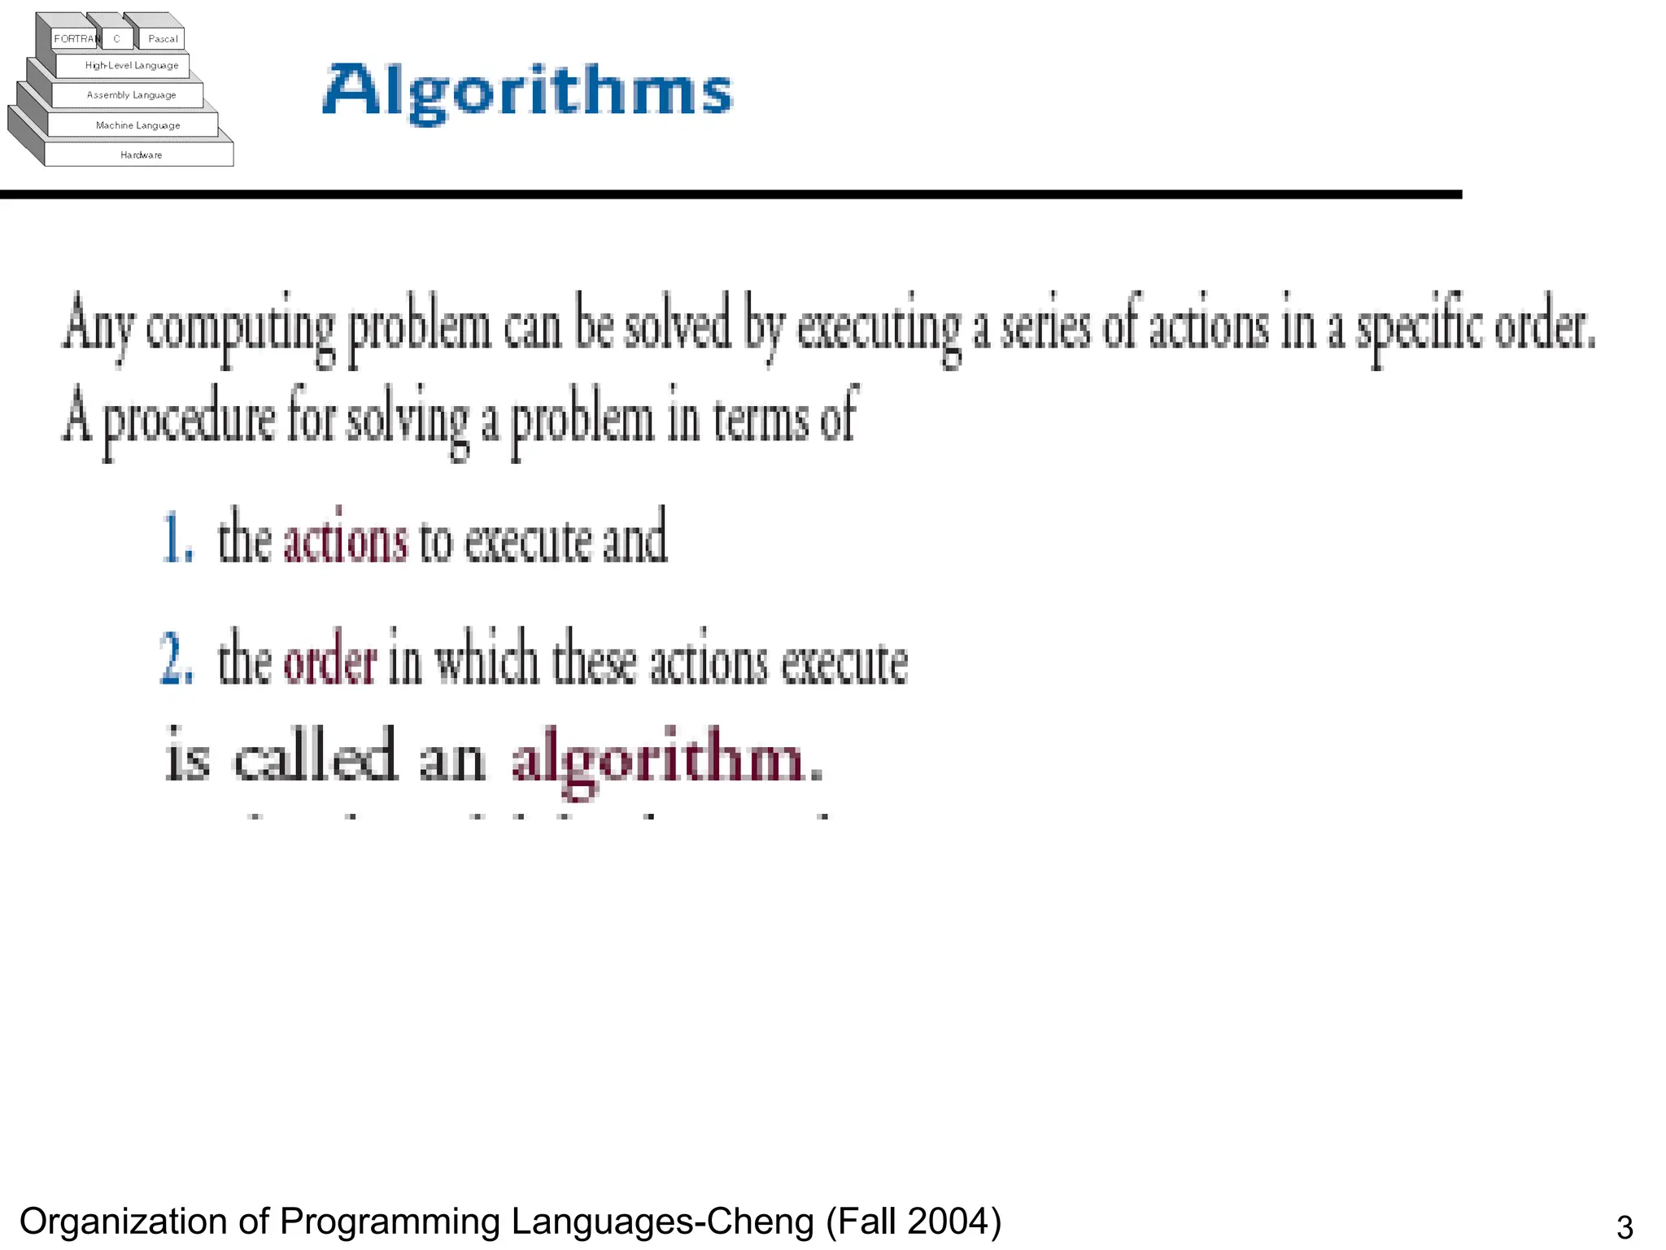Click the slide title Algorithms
[x=527, y=91]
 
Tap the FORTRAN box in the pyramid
[x=76, y=38]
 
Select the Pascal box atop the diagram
[x=163, y=38]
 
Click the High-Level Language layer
[x=131, y=65]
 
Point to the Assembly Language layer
[x=131, y=95]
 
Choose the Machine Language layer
[x=137, y=125]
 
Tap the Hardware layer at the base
[x=141, y=155]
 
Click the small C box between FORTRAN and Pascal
[x=117, y=38]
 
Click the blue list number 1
[x=177, y=539]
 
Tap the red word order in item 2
[x=329, y=662]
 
